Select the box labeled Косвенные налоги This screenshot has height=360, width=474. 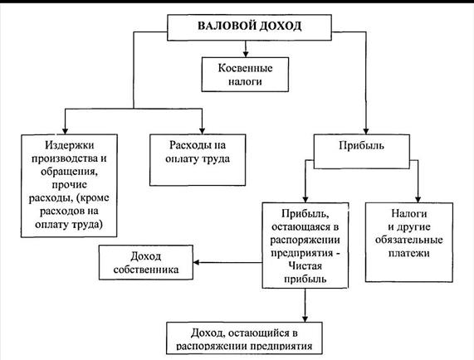245,75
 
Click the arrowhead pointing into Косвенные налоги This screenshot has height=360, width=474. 246,54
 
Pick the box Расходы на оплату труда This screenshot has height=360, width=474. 198,160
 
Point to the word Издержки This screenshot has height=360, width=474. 69,145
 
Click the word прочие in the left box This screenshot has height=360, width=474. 69,185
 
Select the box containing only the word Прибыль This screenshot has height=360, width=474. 362,151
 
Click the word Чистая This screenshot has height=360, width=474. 305,265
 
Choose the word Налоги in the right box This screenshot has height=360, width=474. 409,213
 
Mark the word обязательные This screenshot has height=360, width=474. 409,240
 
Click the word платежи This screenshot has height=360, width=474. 409,253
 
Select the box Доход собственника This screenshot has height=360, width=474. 146,262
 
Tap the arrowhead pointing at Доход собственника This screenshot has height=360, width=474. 197,262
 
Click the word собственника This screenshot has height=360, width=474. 146,270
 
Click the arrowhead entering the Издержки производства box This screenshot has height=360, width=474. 65,131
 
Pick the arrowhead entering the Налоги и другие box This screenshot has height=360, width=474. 418,199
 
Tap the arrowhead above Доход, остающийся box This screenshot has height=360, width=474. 305,319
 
